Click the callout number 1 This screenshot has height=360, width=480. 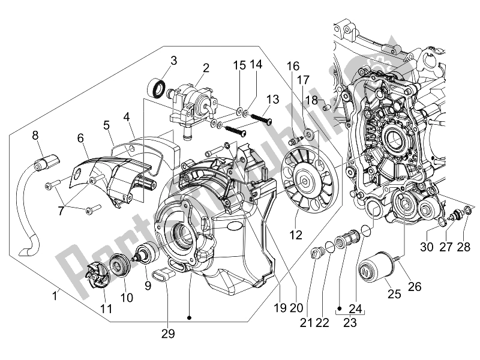click(x=55, y=295)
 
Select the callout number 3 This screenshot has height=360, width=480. click(x=173, y=60)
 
